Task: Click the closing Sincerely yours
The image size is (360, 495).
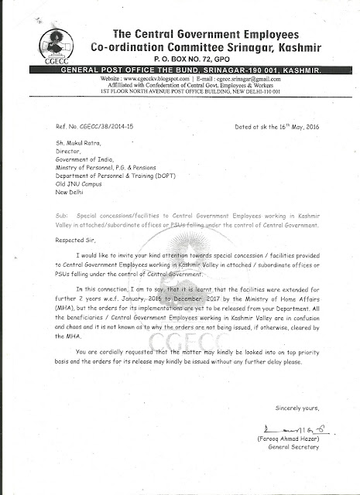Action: click(301, 408)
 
